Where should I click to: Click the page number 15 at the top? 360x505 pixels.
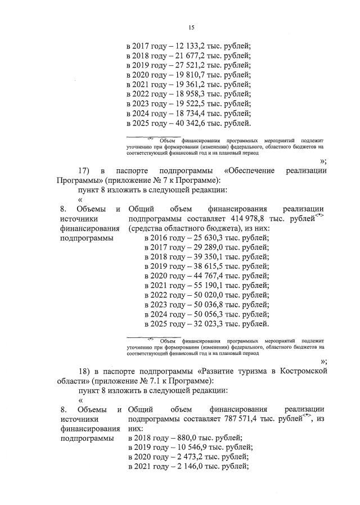tap(191, 26)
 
